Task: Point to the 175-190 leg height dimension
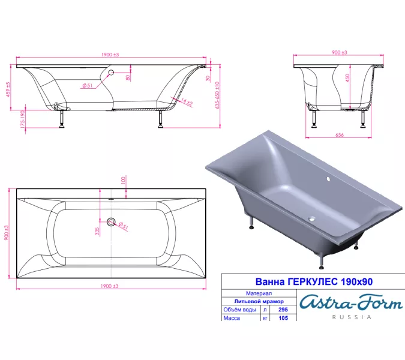[x=22, y=119]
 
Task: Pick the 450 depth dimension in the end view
[x=347, y=82]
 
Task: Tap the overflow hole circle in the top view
[x=111, y=222]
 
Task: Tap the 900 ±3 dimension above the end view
[x=339, y=53]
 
